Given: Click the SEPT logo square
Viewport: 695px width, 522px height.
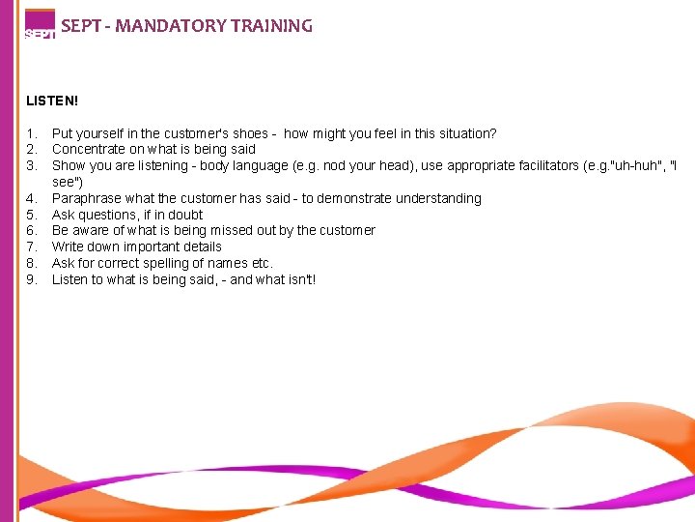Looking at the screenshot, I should tap(40, 23).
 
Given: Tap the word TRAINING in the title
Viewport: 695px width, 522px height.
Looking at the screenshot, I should tap(272, 27).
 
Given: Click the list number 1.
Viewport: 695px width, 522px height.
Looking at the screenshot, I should tap(32, 133).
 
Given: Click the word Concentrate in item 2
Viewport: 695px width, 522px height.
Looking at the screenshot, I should tap(88, 150).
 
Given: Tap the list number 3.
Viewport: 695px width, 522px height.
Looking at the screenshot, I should tap(32, 166).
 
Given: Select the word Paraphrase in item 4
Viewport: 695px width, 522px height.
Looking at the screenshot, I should tap(84, 198).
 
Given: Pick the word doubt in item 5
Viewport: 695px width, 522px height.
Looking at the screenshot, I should tap(185, 215).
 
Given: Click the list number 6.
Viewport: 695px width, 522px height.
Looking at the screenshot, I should tap(32, 230).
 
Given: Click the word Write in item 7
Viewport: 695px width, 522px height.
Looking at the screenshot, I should tap(68, 246).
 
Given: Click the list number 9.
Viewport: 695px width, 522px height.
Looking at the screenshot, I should tap(32, 279).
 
